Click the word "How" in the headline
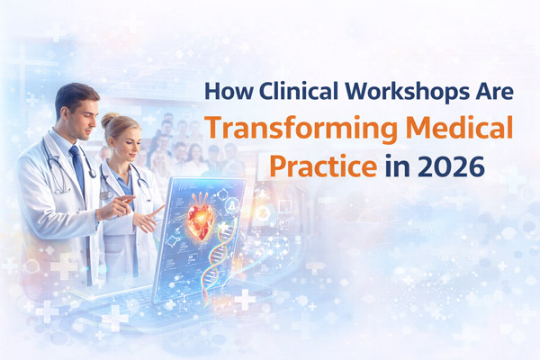point(224,93)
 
